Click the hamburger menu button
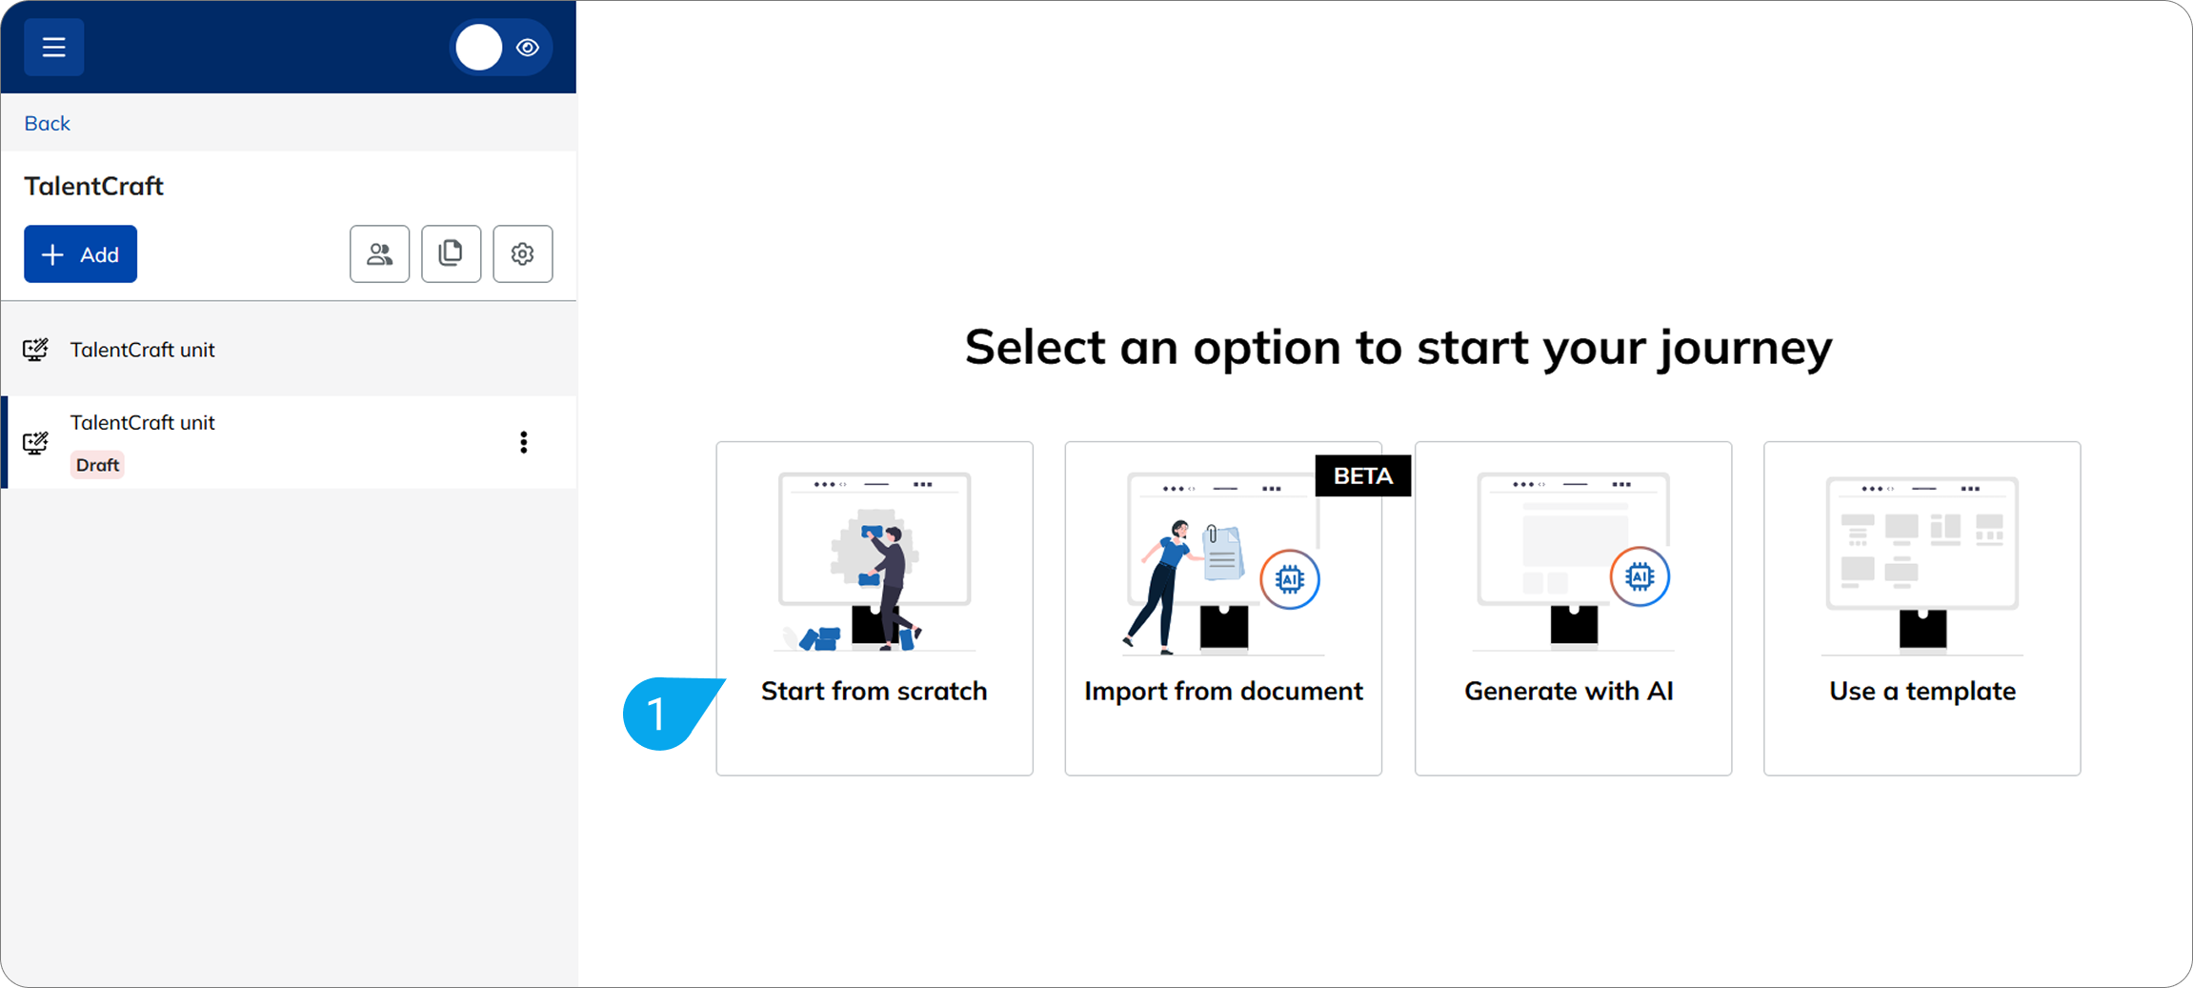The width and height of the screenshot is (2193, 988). point(54,47)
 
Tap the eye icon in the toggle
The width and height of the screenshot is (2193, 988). point(528,48)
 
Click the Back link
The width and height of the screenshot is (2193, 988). point(47,123)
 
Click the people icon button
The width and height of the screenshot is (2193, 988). point(379,253)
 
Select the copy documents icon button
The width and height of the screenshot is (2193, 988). point(451,253)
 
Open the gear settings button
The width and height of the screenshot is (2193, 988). point(522,253)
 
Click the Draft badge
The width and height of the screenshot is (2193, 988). point(97,465)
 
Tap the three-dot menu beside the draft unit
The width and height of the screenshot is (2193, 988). point(523,442)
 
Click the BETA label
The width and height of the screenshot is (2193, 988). point(1362,475)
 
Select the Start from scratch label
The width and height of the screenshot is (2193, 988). point(874,691)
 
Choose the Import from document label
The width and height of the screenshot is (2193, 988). point(1223,691)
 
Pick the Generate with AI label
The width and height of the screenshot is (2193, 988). point(1569,691)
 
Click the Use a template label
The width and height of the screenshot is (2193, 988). point(1922,691)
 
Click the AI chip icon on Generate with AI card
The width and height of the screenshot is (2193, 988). point(1640,576)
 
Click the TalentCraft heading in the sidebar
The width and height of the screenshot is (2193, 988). point(94,186)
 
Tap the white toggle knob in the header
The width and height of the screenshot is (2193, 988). point(479,48)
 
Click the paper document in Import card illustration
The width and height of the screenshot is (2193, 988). point(1222,552)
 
